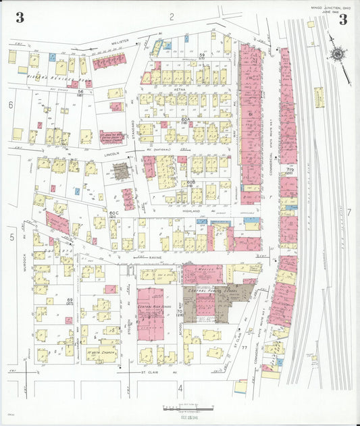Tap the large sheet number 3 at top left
click(20, 18)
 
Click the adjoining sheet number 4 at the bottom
click(180, 388)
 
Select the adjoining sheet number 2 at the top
click(172, 16)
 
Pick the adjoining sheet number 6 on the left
click(11, 105)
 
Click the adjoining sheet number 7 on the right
click(349, 212)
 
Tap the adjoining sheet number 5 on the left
click(11, 237)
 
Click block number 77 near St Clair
click(245, 346)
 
